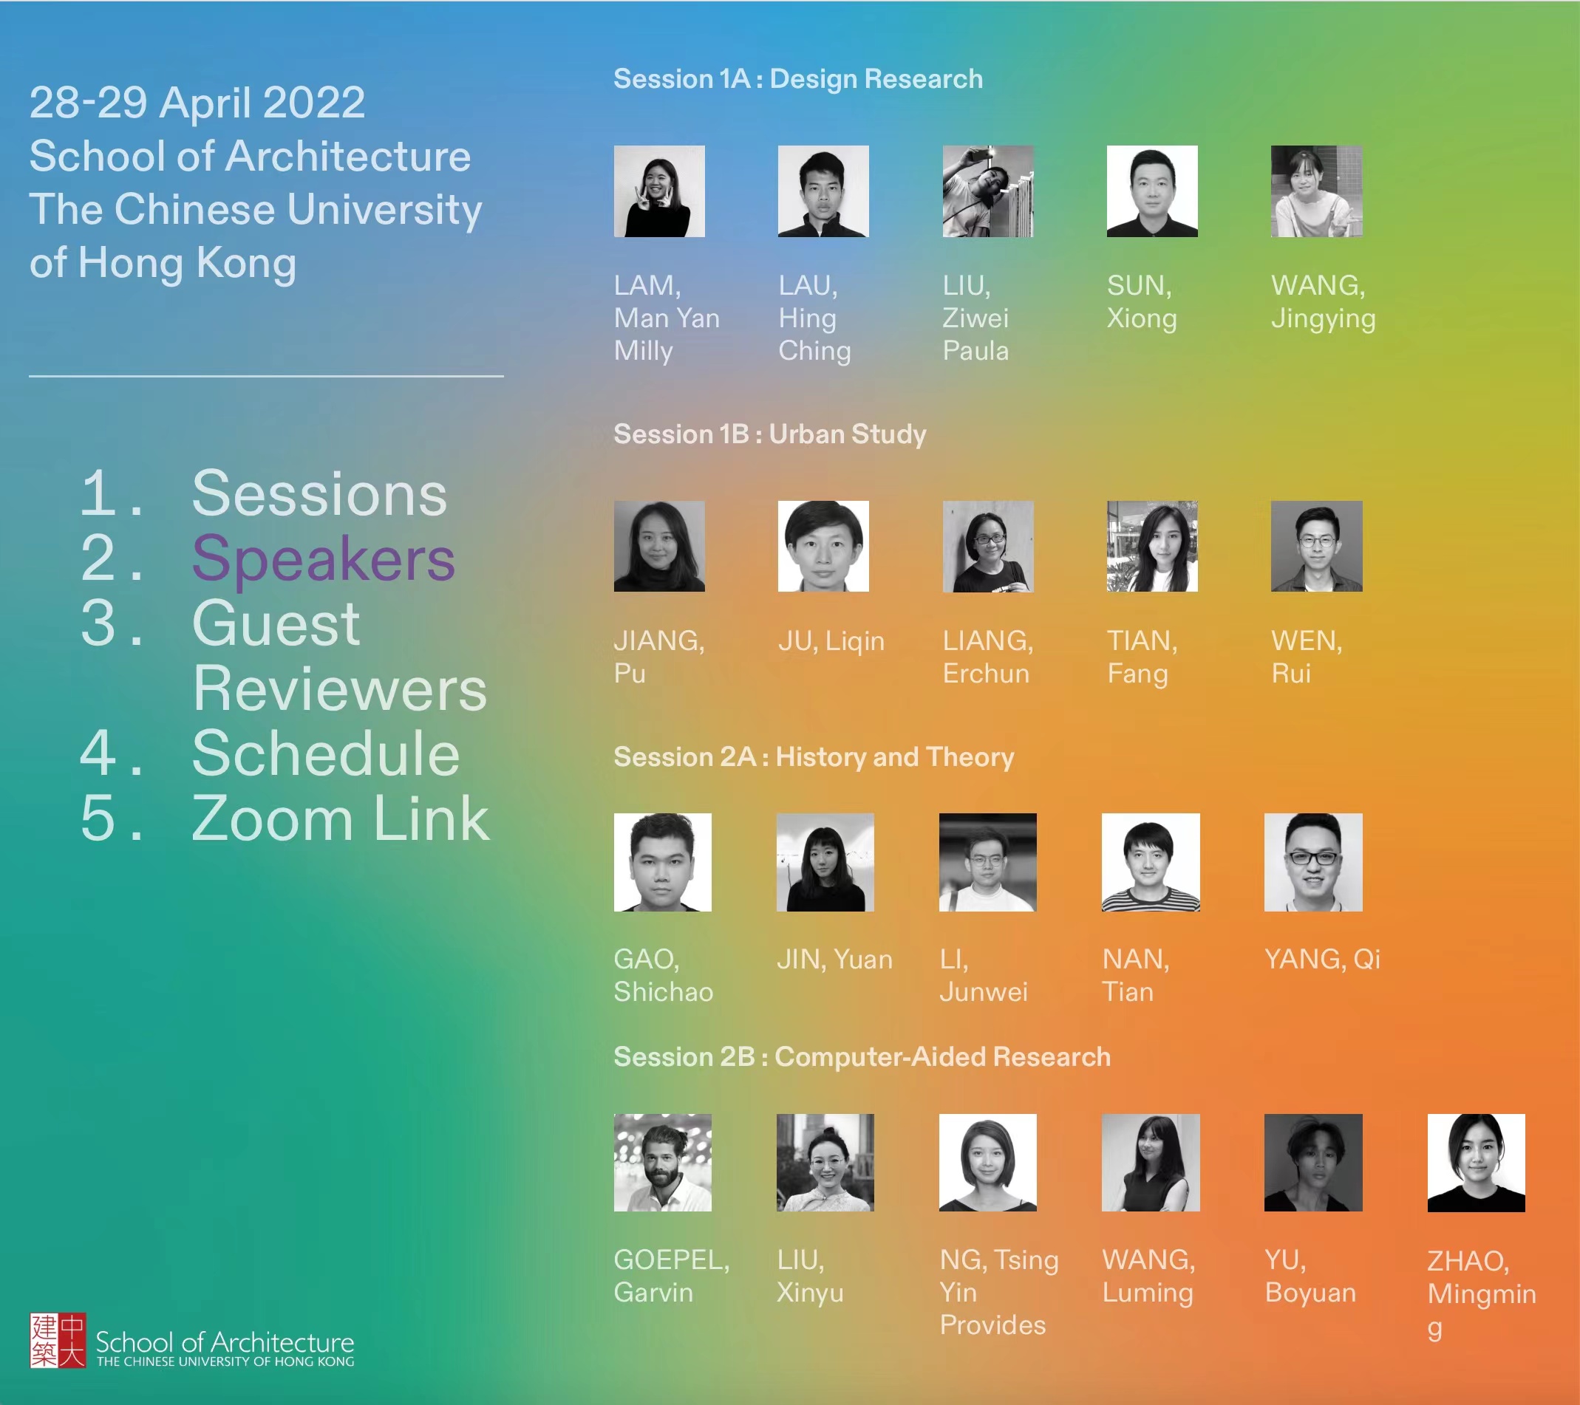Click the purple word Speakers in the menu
point(323,559)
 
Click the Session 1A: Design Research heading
point(797,79)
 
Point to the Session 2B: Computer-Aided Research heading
point(862,1056)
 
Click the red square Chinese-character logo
point(58,1340)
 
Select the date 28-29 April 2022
point(197,103)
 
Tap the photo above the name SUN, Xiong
point(1152,191)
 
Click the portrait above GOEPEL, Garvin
point(662,1162)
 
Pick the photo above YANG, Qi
point(1313,862)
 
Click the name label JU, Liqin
point(831,640)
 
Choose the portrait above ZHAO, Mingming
point(1477,1162)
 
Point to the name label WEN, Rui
point(1307,657)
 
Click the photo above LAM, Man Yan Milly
point(659,191)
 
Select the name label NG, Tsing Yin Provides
point(998,1292)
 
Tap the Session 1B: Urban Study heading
point(770,434)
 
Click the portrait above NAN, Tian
point(1151,862)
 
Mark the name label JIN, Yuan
point(835,959)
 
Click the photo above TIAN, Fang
point(1152,547)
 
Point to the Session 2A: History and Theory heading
point(814,756)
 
